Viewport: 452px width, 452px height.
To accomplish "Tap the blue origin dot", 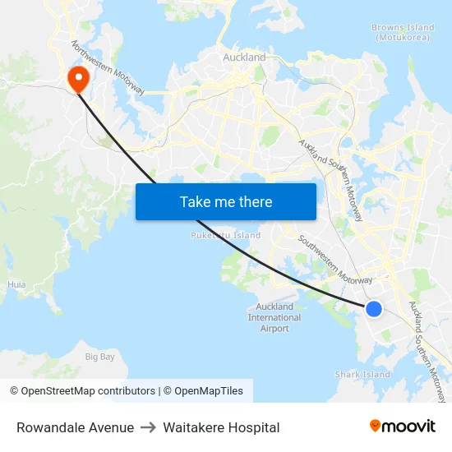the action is coord(373,309).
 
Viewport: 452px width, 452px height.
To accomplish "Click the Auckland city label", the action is coord(244,58).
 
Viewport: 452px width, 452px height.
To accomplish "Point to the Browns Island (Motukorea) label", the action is coord(403,32).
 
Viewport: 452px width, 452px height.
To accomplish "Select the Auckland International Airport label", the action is coord(274,317).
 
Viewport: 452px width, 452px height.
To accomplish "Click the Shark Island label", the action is coord(362,375).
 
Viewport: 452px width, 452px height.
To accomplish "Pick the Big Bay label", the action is coord(100,357).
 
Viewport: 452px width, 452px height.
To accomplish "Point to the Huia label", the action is coord(16,284).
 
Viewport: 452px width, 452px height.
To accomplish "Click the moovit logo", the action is coord(403,427).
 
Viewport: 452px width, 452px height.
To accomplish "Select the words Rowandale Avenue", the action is coord(75,427).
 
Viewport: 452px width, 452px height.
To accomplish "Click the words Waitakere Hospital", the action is coord(221,427).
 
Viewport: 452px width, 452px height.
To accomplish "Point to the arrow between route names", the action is coord(148,427).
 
